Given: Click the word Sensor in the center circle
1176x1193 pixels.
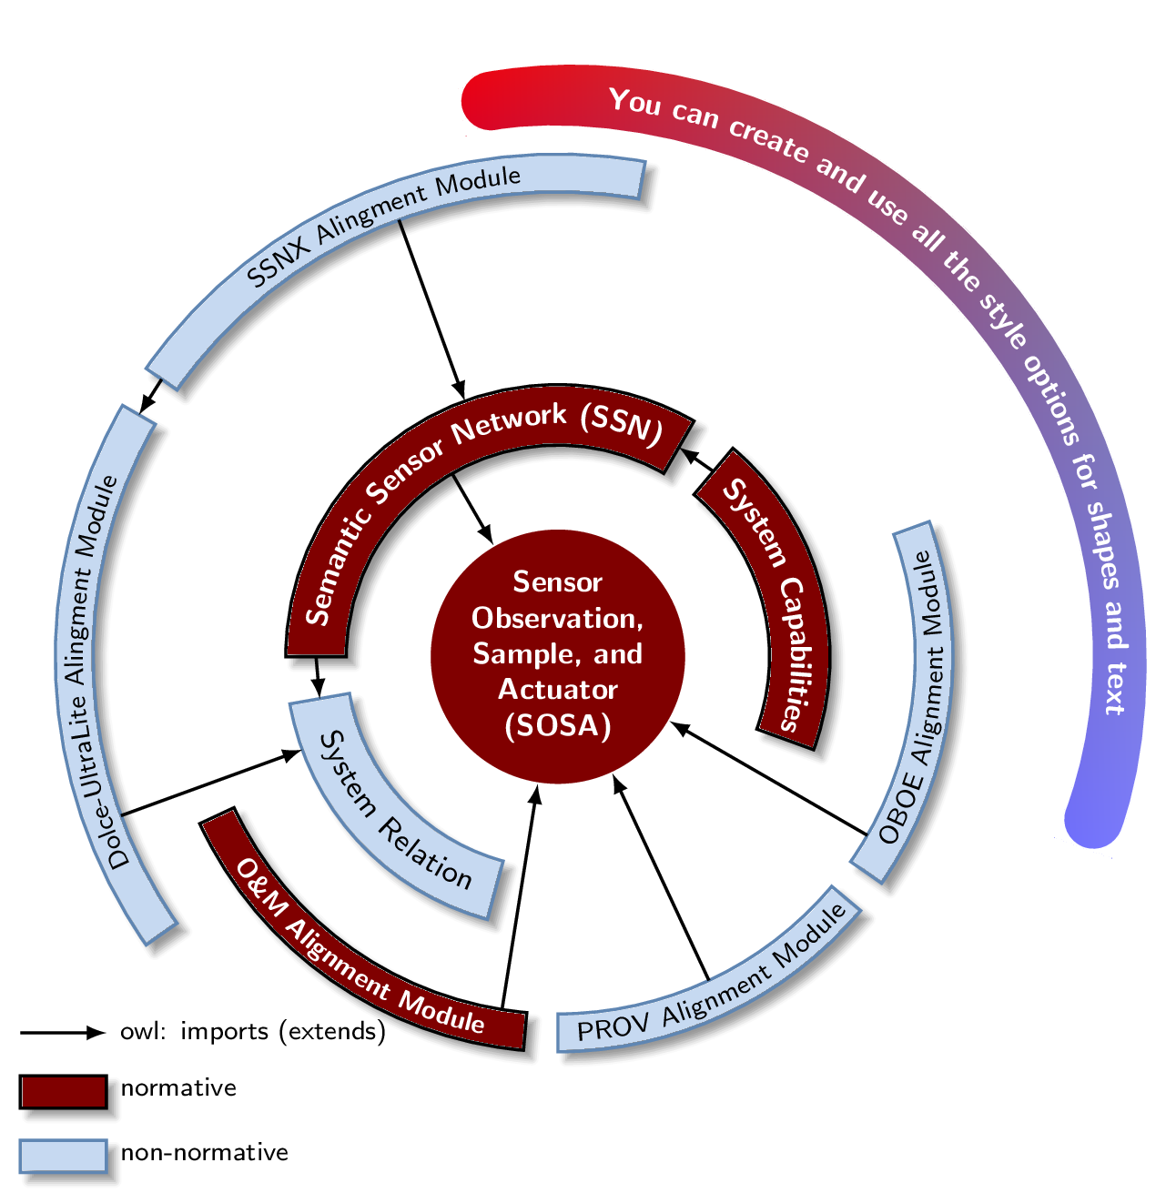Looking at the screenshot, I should [x=557, y=581].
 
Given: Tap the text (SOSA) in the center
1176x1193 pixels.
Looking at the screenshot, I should [x=557, y=725].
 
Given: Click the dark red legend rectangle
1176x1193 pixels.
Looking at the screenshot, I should [x=64, y=1091].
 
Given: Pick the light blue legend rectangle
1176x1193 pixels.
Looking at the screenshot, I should [x=64, y=1156].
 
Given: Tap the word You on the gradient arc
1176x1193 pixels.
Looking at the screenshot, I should [x=634, y=102].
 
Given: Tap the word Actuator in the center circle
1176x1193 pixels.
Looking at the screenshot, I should [x=557, y=690].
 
